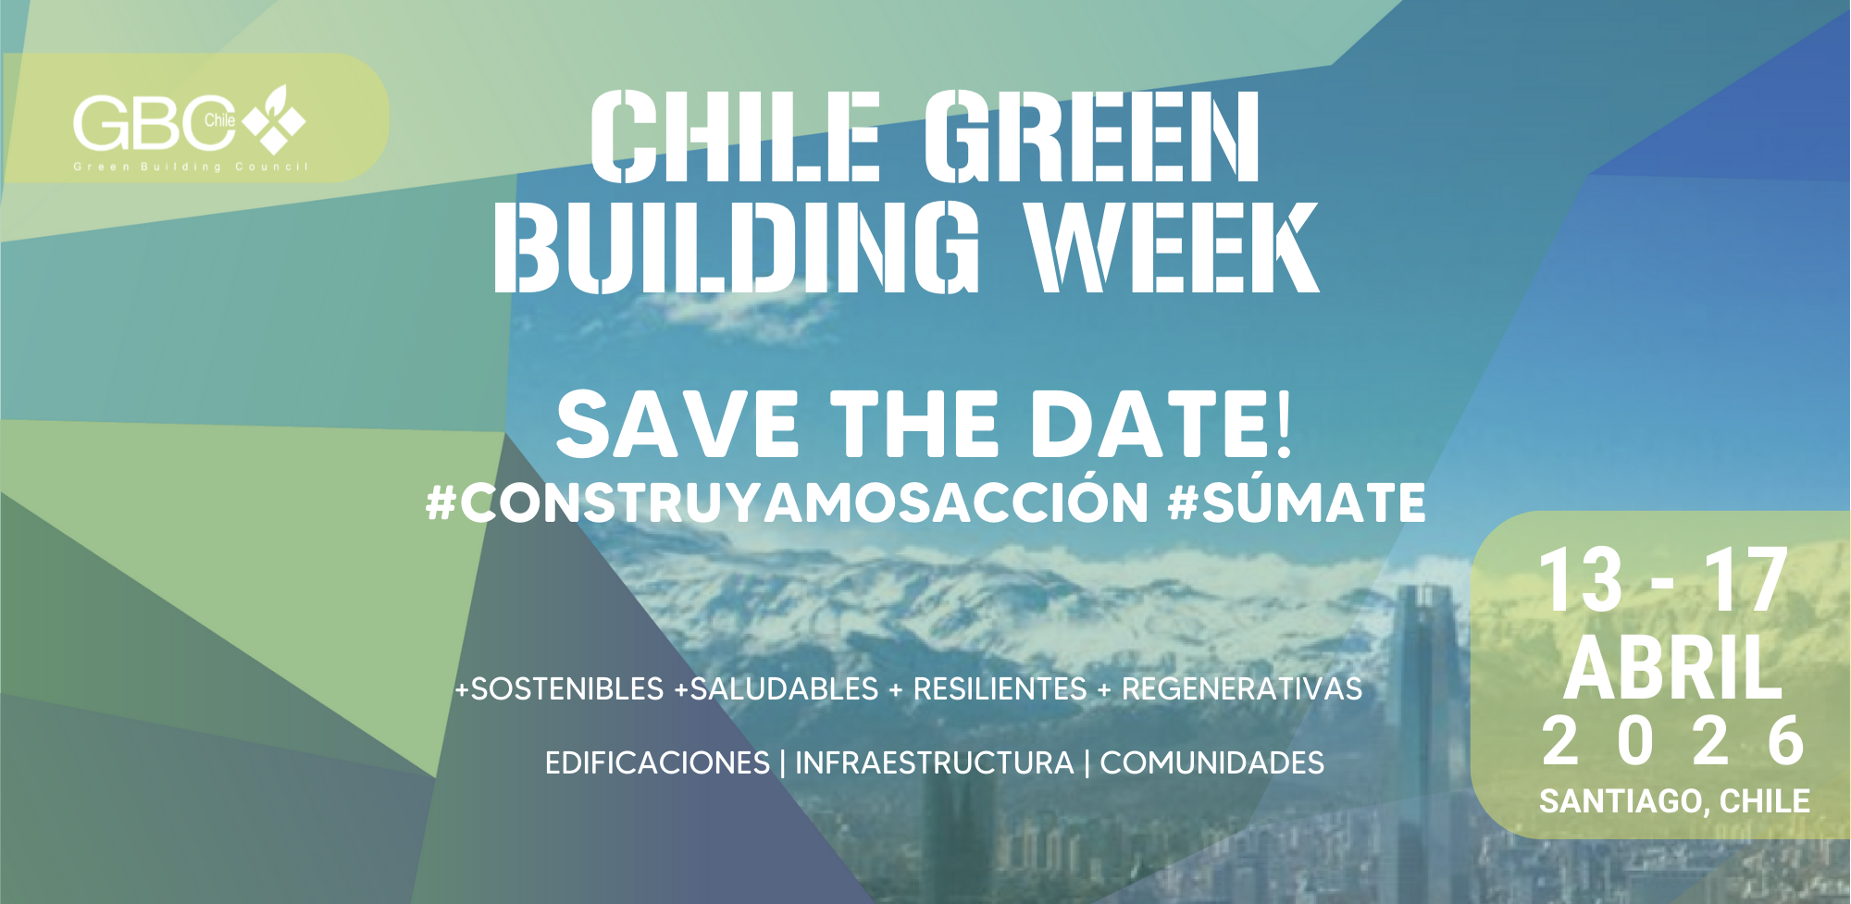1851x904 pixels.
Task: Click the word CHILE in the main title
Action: click(736, 136)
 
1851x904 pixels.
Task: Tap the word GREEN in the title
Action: click(1092, 136)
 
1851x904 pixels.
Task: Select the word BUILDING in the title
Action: click(737, 247)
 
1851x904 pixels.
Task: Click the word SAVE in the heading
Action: click(677, 424)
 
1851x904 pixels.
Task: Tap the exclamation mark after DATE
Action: click(1283, 424)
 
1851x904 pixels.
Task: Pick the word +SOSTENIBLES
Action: click(559, 688)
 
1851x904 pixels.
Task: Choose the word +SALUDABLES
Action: click(776, 688)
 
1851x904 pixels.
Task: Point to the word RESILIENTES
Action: click(1000, 688)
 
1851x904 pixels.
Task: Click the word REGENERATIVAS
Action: click(1242, 688)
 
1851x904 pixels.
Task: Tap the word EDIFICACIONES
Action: click(657, 762)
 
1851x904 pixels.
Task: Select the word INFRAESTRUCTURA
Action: click(935, 762)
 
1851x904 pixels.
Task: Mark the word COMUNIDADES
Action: click(1211, 762)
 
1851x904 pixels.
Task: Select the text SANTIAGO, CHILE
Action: click(1674, 800)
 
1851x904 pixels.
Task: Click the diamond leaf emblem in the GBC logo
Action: click(275, 119)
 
